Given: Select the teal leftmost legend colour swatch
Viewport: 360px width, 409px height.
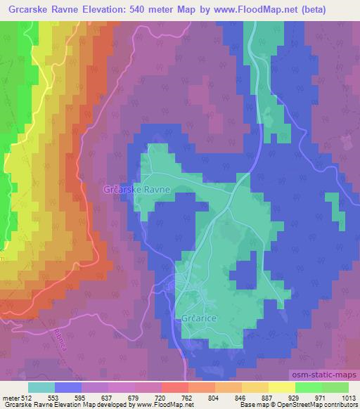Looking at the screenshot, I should coord(41,387).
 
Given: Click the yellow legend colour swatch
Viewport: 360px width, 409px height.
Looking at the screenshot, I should coord(281,387).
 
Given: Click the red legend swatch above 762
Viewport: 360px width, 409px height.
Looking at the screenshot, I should coord(174,387).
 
